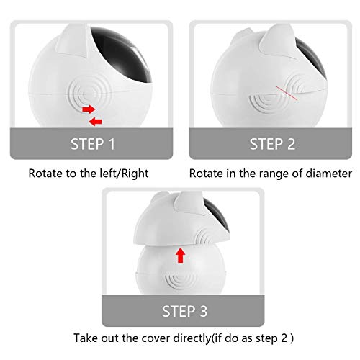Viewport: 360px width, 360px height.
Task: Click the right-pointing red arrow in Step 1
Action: (89, 109)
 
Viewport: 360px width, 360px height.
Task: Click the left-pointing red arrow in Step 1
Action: (96, 122)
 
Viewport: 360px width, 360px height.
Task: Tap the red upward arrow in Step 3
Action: (181, 256)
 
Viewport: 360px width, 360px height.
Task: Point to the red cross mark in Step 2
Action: (287, 93)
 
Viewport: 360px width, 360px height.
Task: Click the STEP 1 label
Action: (93, 144)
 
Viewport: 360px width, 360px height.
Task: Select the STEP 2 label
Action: (272, 144)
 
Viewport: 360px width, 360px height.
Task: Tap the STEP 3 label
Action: (184, 311)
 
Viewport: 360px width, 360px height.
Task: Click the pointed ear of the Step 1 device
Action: (72, 41)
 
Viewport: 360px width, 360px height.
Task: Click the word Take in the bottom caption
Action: (84, 338)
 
